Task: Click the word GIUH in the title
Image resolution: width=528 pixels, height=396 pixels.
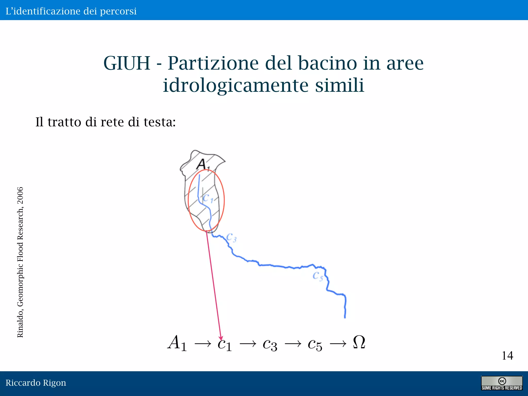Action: [127, 63]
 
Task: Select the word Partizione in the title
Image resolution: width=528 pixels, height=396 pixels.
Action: [213, 63]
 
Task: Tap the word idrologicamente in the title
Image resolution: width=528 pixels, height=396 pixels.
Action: [236, 85]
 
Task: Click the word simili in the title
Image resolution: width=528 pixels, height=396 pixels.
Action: [340, 85]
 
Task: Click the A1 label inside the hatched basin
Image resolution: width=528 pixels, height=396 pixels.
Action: [202, 164]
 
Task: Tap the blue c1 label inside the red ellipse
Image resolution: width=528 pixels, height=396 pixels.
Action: [208, 199]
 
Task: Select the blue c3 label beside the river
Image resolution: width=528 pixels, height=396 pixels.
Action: [231, 237]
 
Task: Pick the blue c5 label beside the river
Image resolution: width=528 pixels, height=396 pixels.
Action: [318, 276]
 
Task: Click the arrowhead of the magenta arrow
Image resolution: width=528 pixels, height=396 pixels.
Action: [221, 338]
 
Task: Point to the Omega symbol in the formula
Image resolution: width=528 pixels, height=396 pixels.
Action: [359, 342]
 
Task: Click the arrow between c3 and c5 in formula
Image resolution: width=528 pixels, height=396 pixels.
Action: [293, 344]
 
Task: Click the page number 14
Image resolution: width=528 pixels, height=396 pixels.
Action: [507, 356]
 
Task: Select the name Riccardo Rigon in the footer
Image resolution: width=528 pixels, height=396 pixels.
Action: [36, 383]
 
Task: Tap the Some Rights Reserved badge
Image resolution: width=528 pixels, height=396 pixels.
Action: [502, 383]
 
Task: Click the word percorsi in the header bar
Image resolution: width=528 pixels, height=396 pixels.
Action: [118, 11]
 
